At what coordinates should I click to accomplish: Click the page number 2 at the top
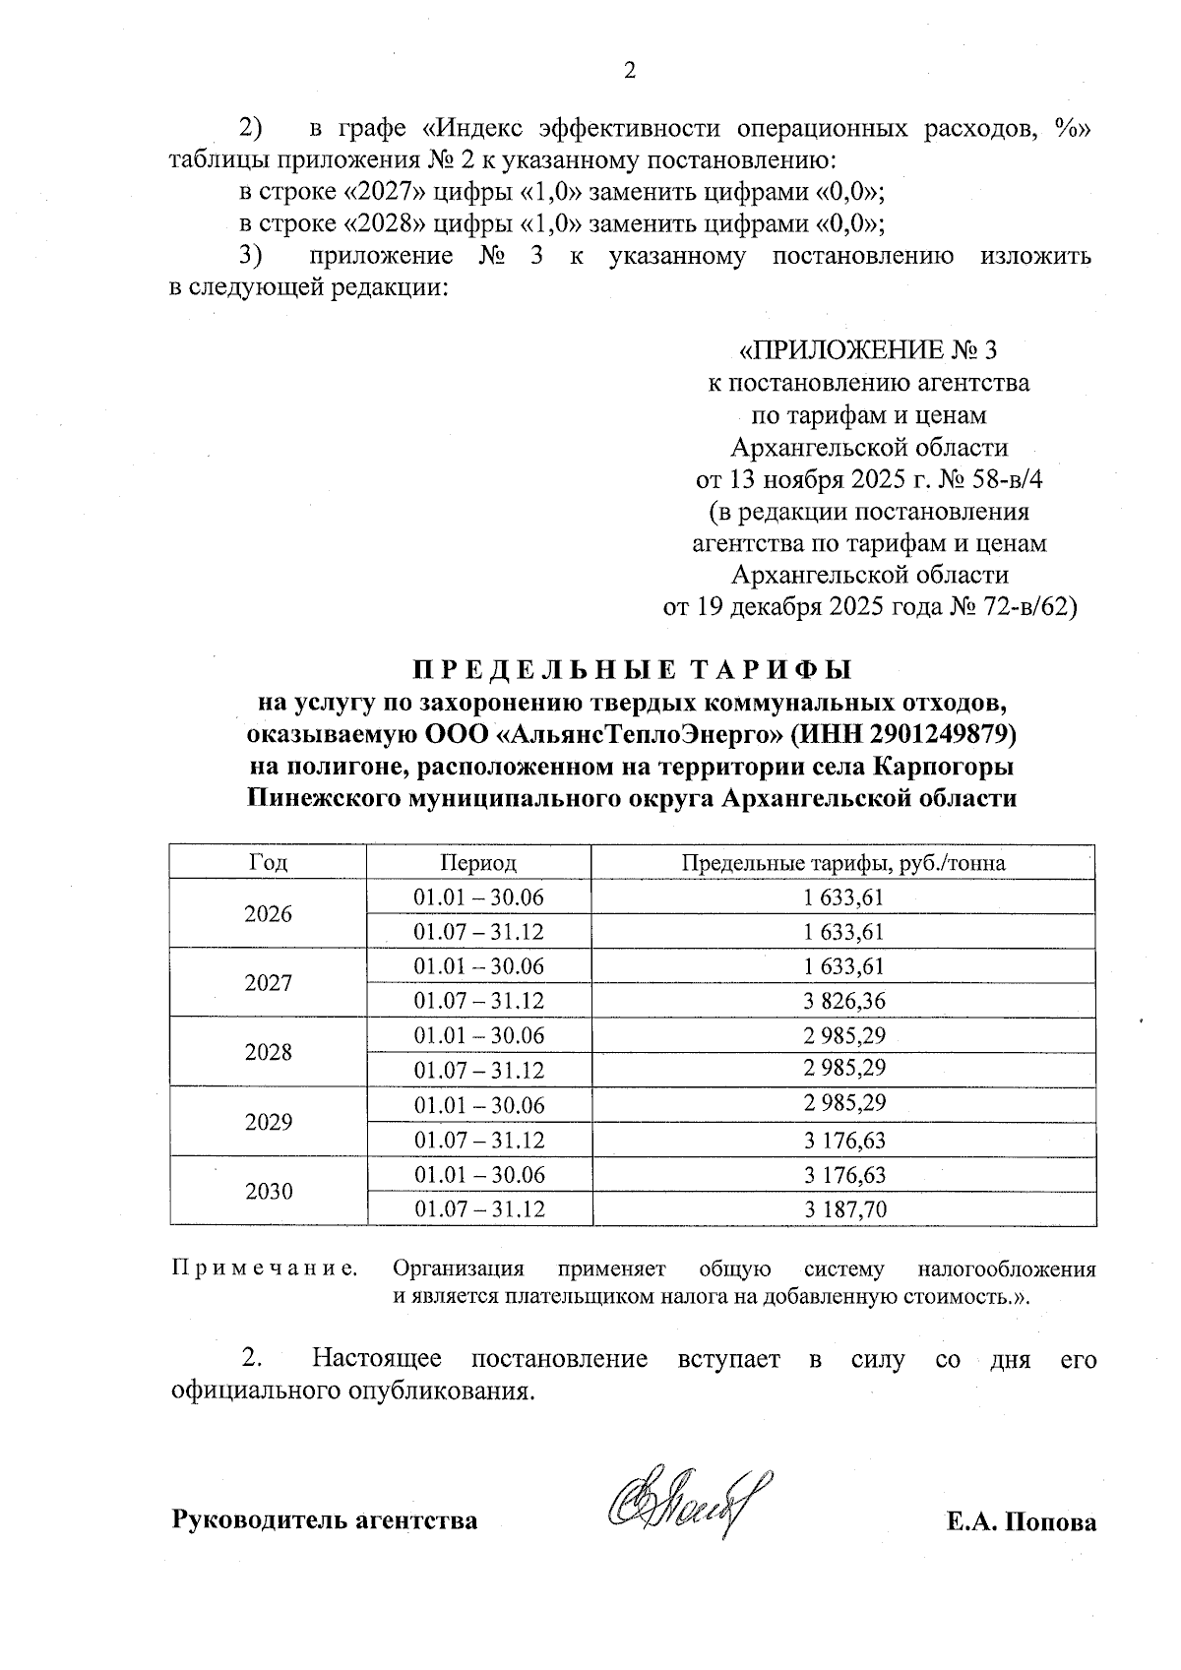click(630, 70)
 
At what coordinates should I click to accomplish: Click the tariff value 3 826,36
click(843, 1001)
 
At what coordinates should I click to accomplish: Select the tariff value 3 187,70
click(843, 1209)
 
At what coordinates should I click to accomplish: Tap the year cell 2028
click(268, 1053)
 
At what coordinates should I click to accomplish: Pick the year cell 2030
click(268, 1192)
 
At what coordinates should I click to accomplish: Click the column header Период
click(478, 863)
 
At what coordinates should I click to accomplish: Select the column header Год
click(268, 863)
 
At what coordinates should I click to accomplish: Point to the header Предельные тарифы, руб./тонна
click(843, 863)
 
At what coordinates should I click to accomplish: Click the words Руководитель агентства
click(325, 1520)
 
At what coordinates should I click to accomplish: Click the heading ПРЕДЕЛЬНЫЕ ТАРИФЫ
click(630, 670)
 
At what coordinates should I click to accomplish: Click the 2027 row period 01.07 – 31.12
click(478, 1001)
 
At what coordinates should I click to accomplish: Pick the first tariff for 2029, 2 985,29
click(843, 1104)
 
